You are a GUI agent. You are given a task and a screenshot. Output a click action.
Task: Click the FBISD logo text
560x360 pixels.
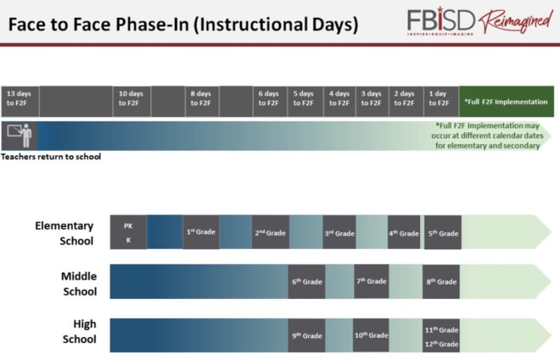[x=441, y=21]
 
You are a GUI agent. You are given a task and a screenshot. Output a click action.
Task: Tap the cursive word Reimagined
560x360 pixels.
[x=516, y=21]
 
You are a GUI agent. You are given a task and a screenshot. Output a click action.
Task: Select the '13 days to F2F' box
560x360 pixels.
[x=20, y=101]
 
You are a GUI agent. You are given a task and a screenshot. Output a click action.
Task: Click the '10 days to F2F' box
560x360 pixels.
[x=131, y=101]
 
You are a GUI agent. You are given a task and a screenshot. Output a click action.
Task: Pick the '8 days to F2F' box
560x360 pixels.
[x=202, y=101]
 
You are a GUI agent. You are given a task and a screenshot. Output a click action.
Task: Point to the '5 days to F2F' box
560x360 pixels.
[x=306, y=101]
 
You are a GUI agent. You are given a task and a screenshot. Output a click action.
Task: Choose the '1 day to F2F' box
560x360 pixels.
[x=441, y=101]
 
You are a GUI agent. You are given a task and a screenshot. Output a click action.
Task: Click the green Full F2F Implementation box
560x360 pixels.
[x=506, y=101]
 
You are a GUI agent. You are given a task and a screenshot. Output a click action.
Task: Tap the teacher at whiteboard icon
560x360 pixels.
[x=20, y=136]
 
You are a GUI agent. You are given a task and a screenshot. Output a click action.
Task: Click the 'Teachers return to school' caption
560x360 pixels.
[x=51, y=157]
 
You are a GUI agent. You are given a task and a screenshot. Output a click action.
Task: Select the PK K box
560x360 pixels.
[x=128, y=232]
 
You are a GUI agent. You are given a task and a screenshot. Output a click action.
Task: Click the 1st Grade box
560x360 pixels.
[x=201, y=232]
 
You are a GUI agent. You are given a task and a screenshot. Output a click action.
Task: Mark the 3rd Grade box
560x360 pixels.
[x=339, y=232]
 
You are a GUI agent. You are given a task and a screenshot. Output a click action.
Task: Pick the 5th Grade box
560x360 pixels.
[x=443, y=232]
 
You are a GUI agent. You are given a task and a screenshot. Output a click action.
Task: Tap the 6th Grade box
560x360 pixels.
[x=306, y=282]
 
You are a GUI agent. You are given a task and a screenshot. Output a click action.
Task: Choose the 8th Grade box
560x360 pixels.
[x=441, y=282]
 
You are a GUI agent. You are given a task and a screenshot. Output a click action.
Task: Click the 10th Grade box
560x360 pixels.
[x=371, y=335]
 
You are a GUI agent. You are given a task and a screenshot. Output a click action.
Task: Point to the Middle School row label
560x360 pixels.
[x=79, y=284]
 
